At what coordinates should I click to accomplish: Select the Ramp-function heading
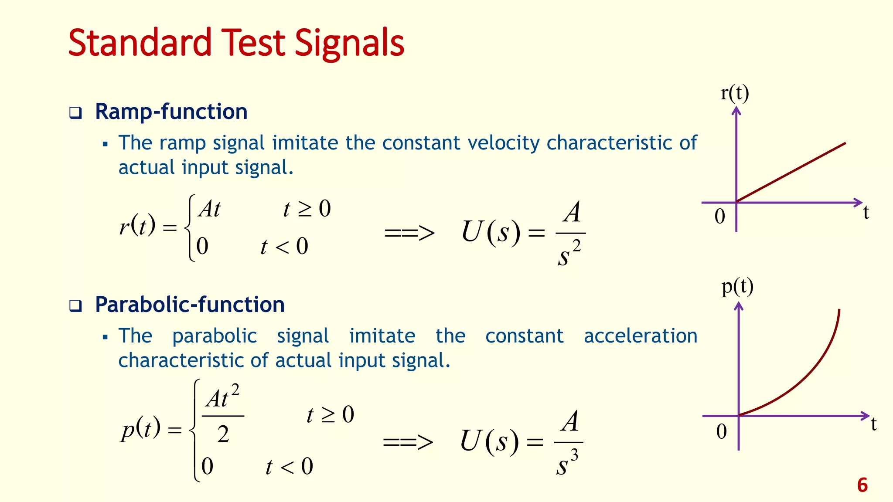[x=171, y=112]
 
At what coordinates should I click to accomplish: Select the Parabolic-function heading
[x=190, y=305]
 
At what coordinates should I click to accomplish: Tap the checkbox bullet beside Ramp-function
[x=75, y=113]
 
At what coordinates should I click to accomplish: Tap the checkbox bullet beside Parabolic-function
[x=75, y=306]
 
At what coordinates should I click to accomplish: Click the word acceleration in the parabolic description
[x=640, y=336]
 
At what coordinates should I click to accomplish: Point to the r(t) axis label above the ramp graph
[x=735, y=93]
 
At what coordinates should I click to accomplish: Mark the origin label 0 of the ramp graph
[x=720, y=217]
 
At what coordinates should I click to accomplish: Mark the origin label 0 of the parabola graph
[x=722, y=431]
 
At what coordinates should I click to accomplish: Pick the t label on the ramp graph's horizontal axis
[x=866, y=213]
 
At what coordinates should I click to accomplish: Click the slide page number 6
[x=862, y=485]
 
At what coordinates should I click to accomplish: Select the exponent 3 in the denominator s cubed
[x=574, y=455]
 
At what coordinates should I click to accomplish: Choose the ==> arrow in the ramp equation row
[x=409, y=233]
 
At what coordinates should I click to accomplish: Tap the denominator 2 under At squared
[x=223, y=434]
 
